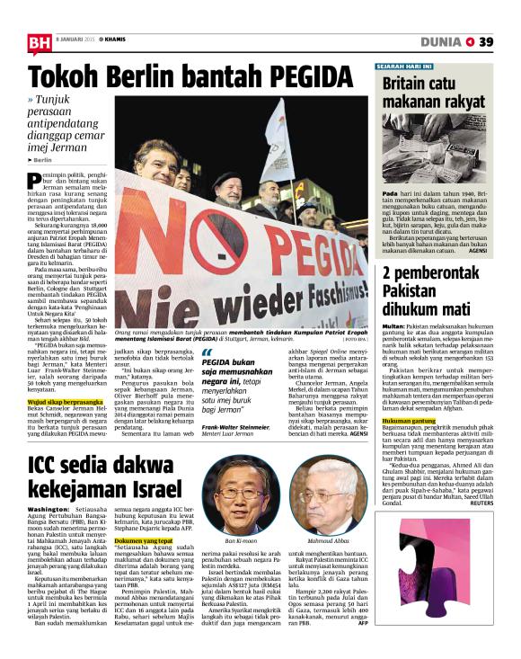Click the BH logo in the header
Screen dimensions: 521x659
click(x=39, y=41)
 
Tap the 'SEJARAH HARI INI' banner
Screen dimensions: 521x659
click(x=410, y=66)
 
